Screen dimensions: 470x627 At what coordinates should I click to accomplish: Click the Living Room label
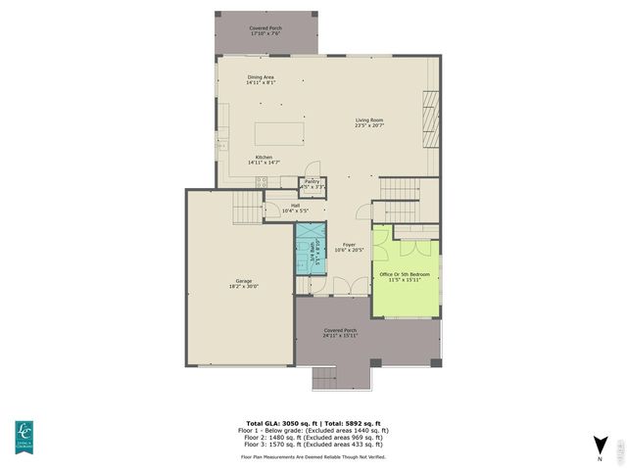tap(368, 120)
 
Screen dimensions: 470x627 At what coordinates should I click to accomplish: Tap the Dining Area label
tap(261, 76)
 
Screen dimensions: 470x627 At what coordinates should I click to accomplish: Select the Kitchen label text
tap(264, 157)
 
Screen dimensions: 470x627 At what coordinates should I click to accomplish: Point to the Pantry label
tap(312, 181)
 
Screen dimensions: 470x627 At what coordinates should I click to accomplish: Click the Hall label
tap(295, 206)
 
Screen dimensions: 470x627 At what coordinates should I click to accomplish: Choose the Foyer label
tap(349, 245)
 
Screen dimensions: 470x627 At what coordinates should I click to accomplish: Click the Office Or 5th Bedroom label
tap(406, 274)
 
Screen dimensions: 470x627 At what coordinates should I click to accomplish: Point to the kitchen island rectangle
tap(279, 133)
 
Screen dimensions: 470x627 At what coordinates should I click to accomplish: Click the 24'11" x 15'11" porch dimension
tap(341, 336)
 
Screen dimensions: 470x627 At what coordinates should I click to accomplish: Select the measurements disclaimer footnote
tap(313, 456)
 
